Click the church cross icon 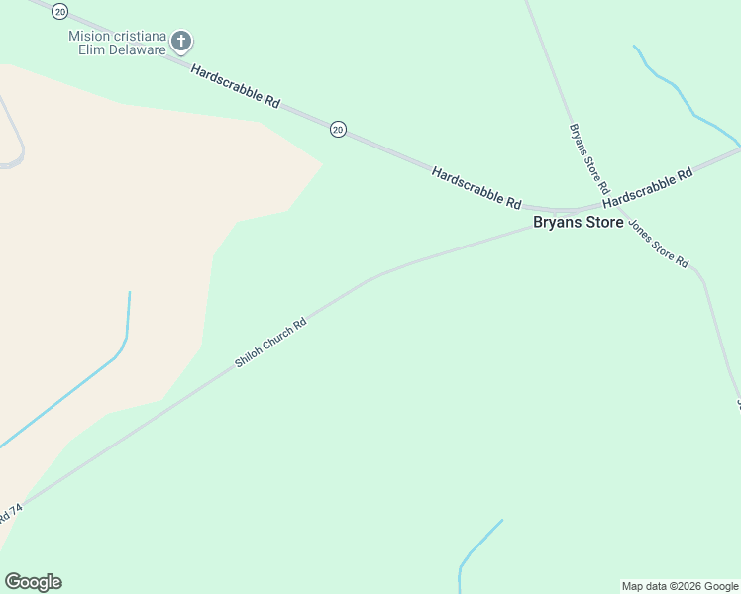click(180, 41)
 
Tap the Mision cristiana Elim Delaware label click(117, 42)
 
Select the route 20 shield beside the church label click(61, 11)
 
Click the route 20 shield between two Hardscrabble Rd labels click(338, 129)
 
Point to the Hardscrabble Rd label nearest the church click(236, 86)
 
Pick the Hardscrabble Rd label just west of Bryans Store click(476, 187)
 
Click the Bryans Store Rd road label click(588, 157)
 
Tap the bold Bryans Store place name click(579, 222)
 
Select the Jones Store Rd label click(657, 245)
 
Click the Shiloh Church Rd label click(270, 344)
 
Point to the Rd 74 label click(10, 513)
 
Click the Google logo click(33, 582)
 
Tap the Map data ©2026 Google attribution click(680, 586)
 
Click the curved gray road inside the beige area click(17, 139)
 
